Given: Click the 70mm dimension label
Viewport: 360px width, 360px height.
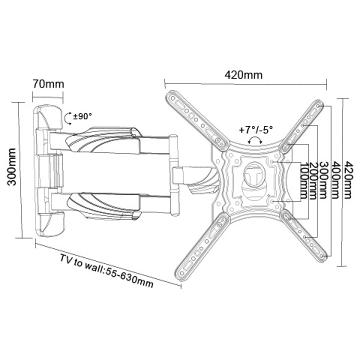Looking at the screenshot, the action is pos(49,84).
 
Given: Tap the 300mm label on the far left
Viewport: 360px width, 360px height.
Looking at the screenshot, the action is pos(12,167).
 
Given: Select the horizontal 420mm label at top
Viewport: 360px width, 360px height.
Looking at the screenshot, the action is pos(244,75).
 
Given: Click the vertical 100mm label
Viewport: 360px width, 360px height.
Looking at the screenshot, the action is pos(304,181).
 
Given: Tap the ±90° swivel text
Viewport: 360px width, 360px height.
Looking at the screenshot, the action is pos(82,116).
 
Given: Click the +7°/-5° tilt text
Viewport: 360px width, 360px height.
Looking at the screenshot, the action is pos(256,130).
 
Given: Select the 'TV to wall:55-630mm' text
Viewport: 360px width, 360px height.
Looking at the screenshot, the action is pos(107,271).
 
